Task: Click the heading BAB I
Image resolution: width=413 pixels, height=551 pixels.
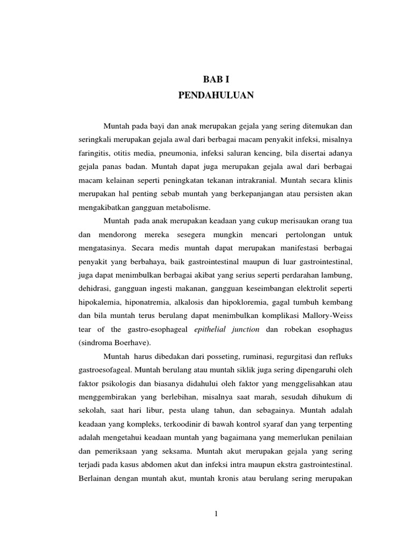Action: [x=216, y=80]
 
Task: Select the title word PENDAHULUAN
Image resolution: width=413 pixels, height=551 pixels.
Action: [x=216, y=96]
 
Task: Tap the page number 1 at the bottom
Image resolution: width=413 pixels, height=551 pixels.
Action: [x=216, y=513]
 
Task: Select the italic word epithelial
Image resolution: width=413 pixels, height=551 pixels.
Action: [x=214, y=329]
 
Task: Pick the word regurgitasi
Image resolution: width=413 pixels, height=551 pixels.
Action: [x=273, y=356]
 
